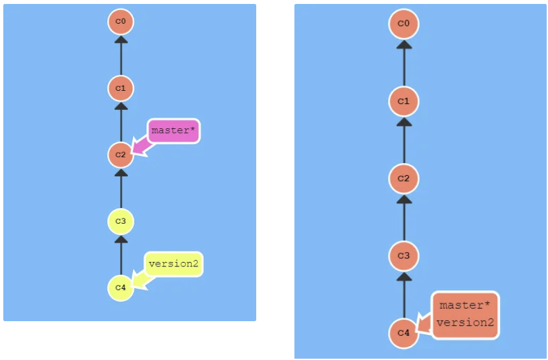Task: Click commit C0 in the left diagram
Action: click(121, 22)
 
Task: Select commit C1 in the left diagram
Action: click(121, 88)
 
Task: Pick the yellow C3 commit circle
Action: click(121, 222)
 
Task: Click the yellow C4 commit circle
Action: click(121, 288)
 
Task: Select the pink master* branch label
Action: click(173, 131)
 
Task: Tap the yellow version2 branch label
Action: click(174, 264)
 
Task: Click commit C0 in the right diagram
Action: click(404, 25)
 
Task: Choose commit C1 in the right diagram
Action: click(404, 101)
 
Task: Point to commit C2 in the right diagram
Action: click(404, 178)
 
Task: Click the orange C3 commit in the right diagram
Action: click(404, 255)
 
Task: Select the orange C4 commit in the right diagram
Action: click(404, 333)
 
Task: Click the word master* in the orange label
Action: click(465, 305)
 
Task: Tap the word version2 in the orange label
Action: click(465, 322)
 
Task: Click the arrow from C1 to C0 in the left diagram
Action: click(121, 56)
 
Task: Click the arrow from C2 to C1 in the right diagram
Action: click(404, 140)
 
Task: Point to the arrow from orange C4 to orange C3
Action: click(404, 294)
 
